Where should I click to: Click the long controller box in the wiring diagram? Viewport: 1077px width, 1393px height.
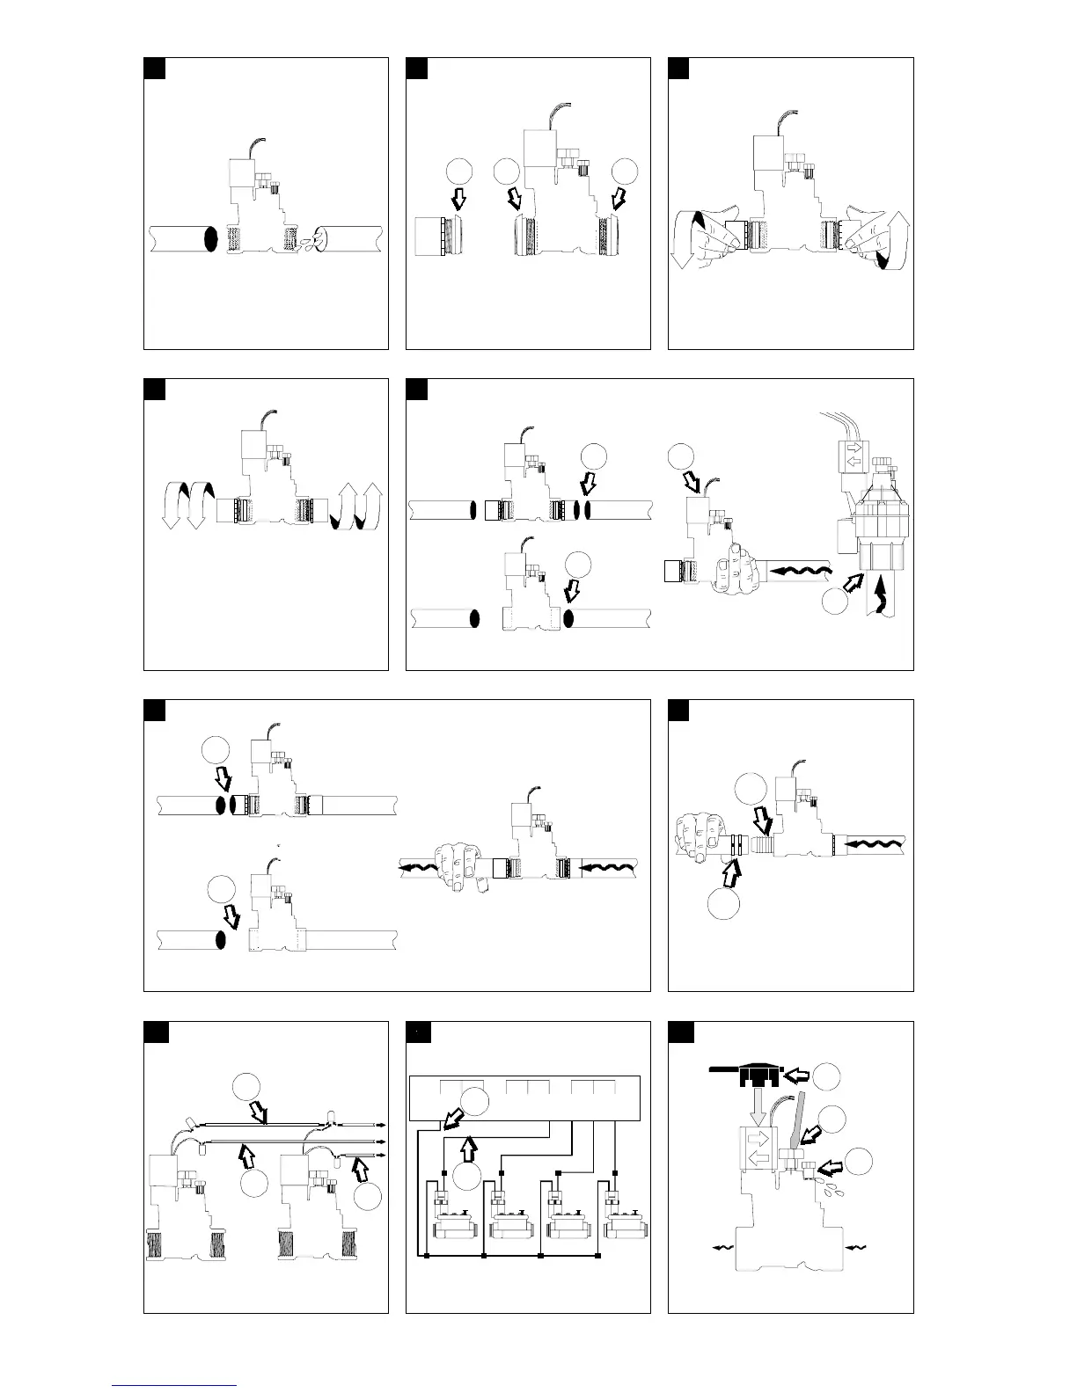pos(526,1098)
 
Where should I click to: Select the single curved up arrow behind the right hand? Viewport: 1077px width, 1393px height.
pos(898,242)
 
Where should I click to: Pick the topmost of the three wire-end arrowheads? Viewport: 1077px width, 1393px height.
pos(383,1125)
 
